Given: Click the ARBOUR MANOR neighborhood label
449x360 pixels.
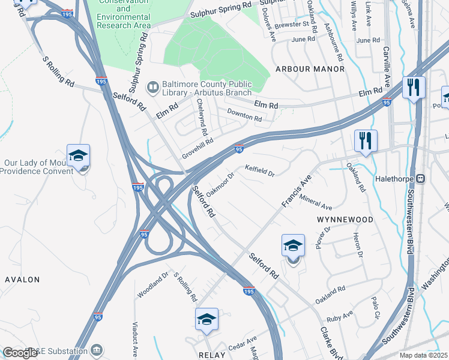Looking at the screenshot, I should (x=310, y=69).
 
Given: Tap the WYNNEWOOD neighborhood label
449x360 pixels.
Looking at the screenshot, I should (x=344, y=220).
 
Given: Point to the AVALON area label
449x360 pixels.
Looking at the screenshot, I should (x=22, y=280).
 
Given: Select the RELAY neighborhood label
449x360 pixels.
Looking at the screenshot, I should (x=211, y=355).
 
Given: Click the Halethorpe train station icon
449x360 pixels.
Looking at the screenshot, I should (x=421, y=178).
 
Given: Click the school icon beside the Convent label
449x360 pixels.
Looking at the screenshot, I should (x=78, y=157).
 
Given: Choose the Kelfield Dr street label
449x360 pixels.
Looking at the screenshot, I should (x=259, y=172).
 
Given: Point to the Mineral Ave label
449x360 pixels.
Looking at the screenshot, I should (x=315, y=203).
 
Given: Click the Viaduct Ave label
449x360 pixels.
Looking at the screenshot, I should (x=136, y=339).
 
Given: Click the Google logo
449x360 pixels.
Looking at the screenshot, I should (x=20, y=353).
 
